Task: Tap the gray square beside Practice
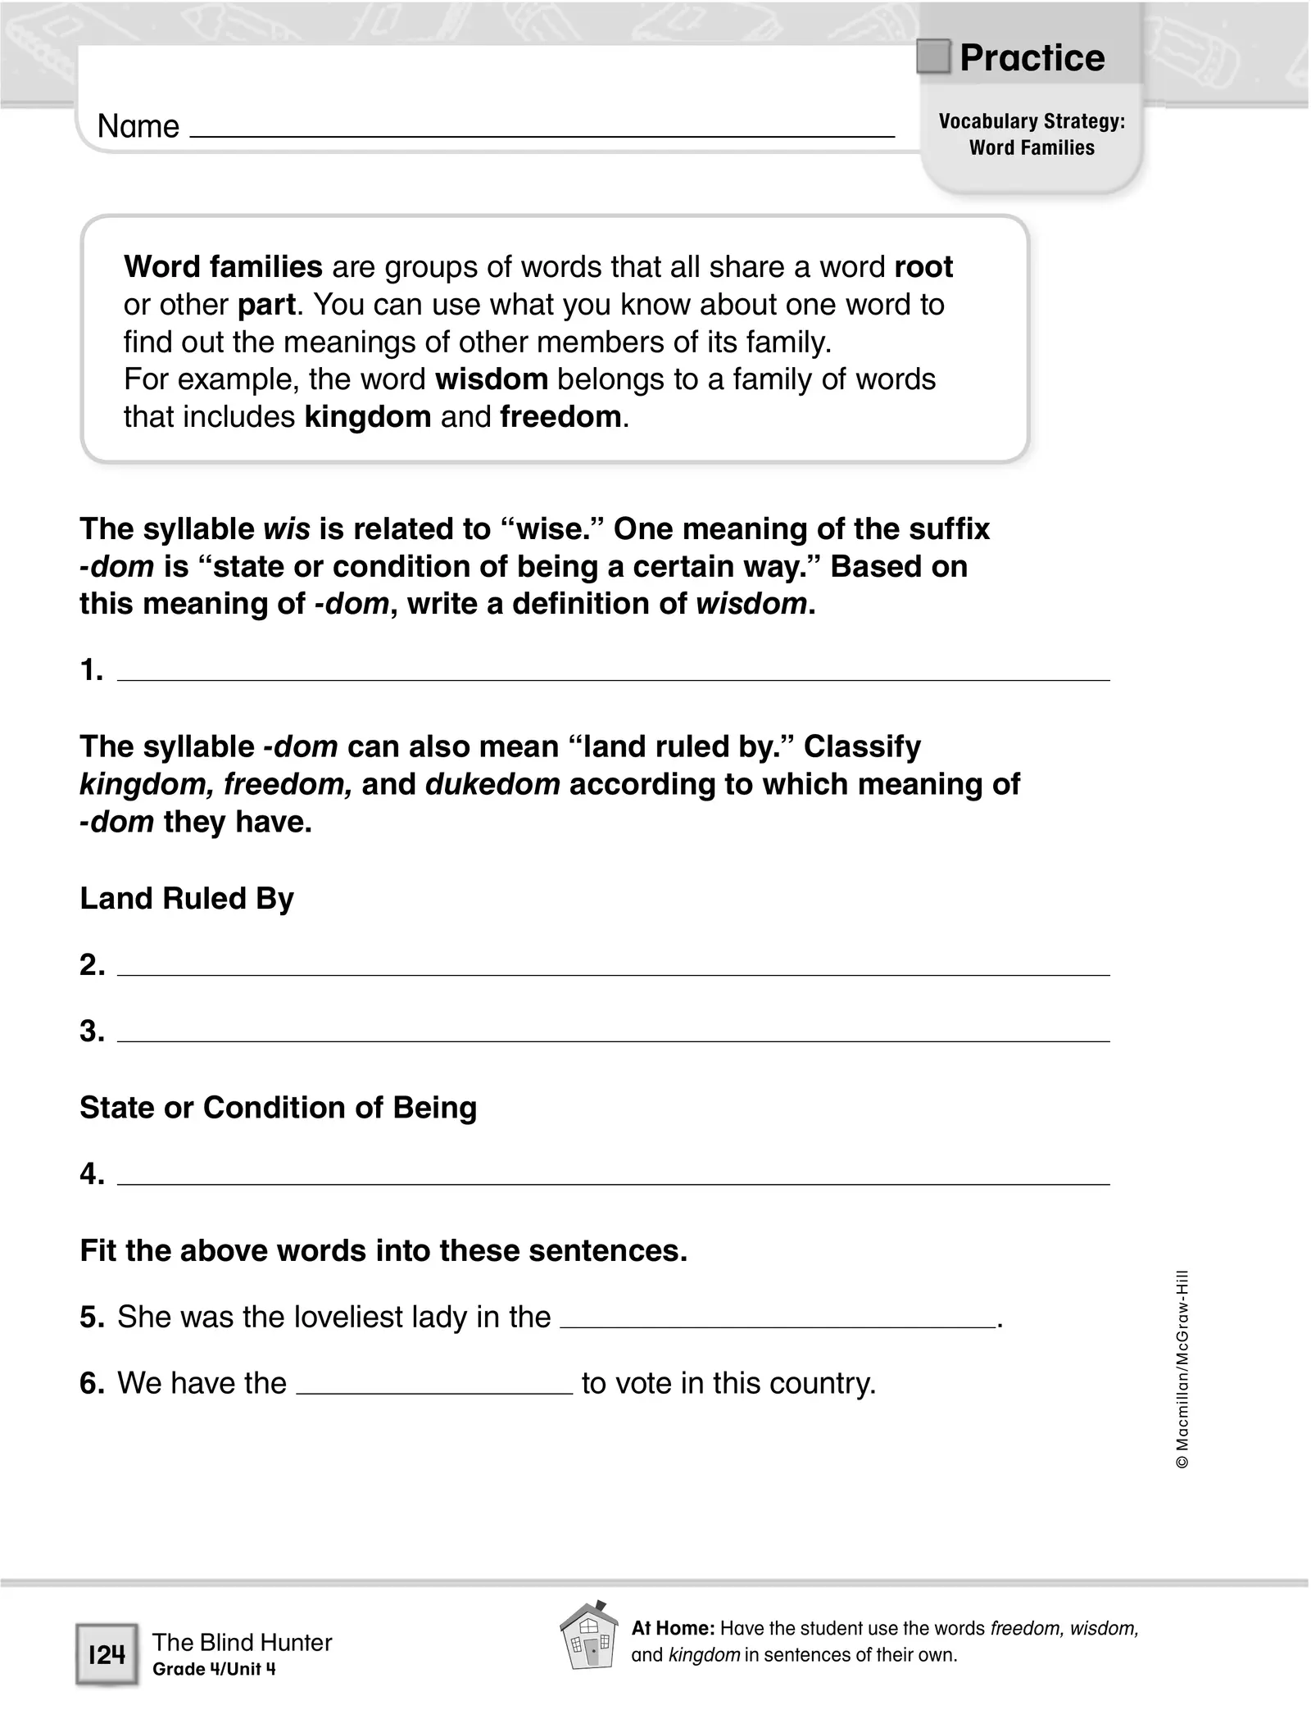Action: point(932,57)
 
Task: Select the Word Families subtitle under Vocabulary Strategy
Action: point(1032,148)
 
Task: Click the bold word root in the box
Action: point(923,267)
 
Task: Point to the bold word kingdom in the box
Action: point(367,417)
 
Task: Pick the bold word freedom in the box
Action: point(560,417)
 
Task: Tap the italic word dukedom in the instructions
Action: point(492,784)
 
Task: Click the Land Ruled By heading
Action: point(187,899)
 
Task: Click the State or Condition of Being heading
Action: point(278,1108)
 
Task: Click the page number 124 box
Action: point(107,1655)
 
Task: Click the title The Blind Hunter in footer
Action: point(242,1642)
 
